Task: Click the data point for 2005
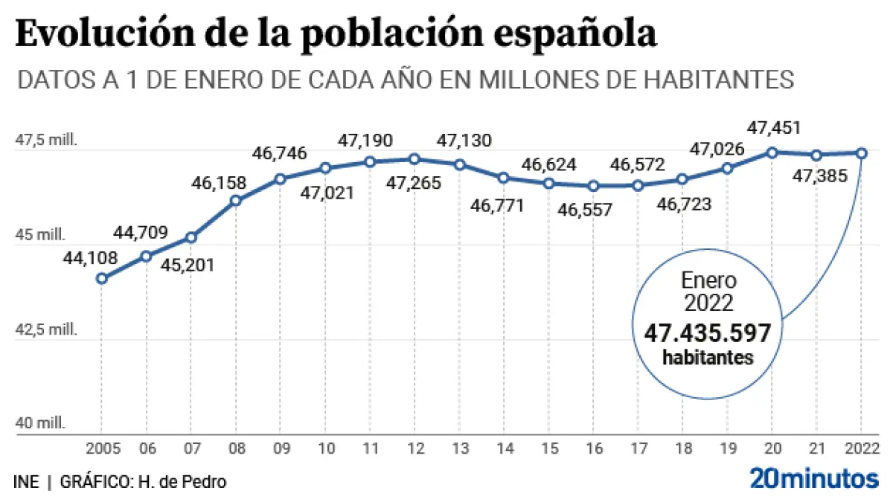[x=102, y=279]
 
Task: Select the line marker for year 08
[x=236, y=200]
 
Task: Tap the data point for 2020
[x=772, y=152]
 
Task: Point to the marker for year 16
[x=593, y=186]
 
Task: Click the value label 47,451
[x=774, y=128]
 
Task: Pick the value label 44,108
[x=90, y=259]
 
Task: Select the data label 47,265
[x=415, y=183]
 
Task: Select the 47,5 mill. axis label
[x=46, y=139]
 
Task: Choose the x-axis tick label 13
[x=459, y=448]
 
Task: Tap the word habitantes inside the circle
[x=708, y=358]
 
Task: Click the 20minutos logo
[x=813, y=478]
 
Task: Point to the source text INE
[x=26, y=481]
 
